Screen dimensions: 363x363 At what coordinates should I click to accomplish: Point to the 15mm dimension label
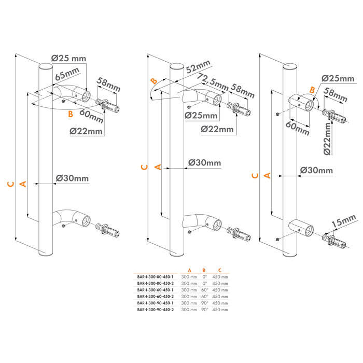343,221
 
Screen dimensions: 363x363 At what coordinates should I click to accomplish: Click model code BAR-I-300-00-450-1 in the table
155,277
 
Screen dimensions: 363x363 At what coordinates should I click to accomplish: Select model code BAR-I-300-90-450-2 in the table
155,309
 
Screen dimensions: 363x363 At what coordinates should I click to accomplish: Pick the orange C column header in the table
220,270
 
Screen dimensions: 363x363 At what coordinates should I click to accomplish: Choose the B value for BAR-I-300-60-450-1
204,290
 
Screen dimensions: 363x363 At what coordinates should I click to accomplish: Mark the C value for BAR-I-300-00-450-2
220,283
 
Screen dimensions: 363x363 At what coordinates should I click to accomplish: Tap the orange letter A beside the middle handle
159,166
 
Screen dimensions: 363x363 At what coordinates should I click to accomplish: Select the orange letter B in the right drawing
312,89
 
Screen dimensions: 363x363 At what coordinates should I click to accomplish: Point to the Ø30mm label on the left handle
72,178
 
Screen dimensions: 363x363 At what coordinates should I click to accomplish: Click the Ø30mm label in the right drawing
317,170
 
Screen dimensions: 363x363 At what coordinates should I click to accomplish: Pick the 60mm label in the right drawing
295,127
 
